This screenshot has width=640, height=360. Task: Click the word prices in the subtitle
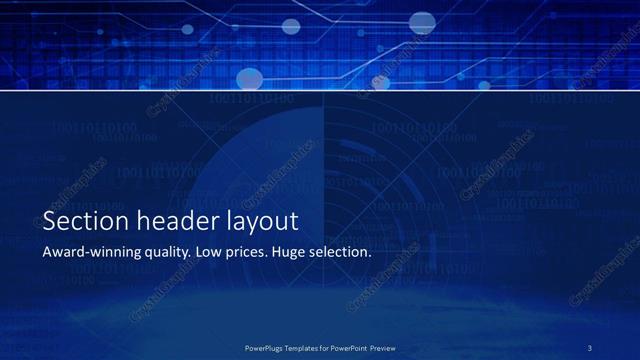246,253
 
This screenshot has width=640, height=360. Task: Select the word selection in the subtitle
340,252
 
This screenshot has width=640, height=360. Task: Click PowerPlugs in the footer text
267,348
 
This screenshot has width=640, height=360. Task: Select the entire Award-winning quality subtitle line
206,253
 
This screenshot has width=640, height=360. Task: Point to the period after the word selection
370,256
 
